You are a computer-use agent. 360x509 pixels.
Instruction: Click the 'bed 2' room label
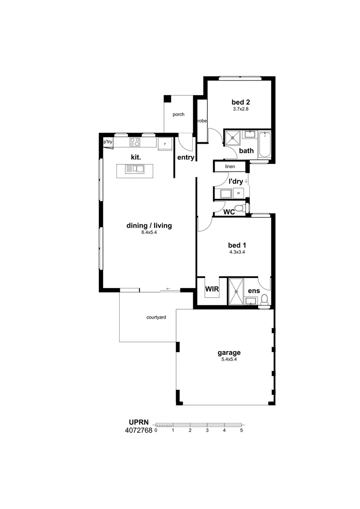click(240, 102)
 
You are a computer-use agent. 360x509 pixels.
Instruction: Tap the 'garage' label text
click(229, 353)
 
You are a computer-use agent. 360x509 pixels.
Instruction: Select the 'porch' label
click(179, 115)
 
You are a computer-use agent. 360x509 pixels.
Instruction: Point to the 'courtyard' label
click(156, 317)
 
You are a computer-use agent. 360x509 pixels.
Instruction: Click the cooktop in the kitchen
click(135, 142)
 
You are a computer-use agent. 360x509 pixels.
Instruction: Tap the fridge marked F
click(165, 144)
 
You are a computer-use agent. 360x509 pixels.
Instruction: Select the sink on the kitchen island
click(135, 169)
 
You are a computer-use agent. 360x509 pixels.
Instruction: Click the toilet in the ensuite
click(265, 300)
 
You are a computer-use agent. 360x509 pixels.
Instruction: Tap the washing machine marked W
click(238, 193)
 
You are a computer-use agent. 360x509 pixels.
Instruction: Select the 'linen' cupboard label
click(230, 166)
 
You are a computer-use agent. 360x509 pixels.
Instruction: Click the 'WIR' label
click(212, 289)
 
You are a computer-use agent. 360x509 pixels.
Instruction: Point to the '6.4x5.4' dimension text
click(149, 232)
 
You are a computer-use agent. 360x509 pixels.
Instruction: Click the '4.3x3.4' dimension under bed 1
click(237, 252)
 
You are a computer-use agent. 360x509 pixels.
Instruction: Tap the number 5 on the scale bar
click(242, 430)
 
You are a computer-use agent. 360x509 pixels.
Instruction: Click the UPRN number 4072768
click(139, 431)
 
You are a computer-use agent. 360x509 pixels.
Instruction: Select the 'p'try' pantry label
click(108, 142)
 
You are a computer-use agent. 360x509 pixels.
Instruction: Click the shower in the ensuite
click(236, 292)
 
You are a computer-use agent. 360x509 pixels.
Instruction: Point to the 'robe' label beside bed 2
click(202, 121)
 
